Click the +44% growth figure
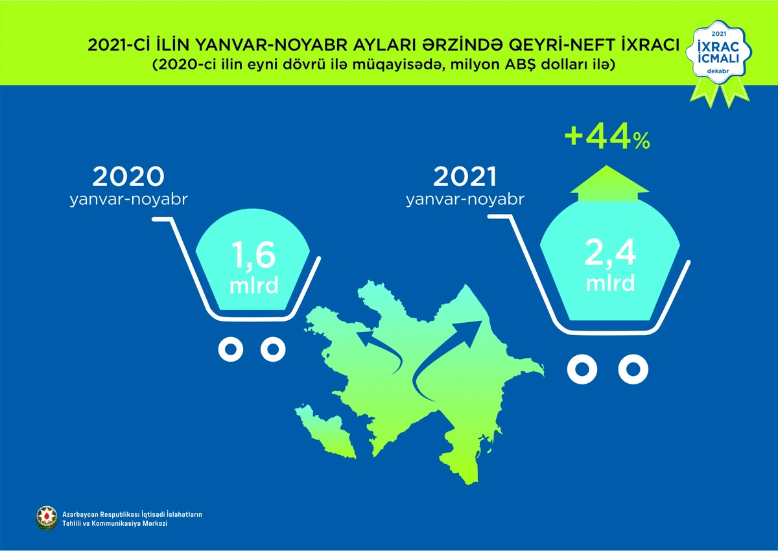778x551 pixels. click(607, 138)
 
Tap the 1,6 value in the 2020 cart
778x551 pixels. click(253, 255)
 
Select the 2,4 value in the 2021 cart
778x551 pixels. click(610, 253)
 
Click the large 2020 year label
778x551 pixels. click(128, 176)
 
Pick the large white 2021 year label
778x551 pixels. click(465, 176)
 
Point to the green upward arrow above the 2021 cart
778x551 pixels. click(609, 183)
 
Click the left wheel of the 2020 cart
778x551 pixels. click(231, 349)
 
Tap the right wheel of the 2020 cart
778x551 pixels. click(273, 349)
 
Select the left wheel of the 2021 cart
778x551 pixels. click(582, 369)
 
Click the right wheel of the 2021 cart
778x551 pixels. click(633, 369)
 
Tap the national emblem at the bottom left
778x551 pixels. click(47, 517)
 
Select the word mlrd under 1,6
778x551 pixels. click(254, 285)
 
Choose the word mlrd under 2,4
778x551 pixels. click(610, 283)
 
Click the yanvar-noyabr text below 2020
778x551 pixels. click(128, 200)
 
